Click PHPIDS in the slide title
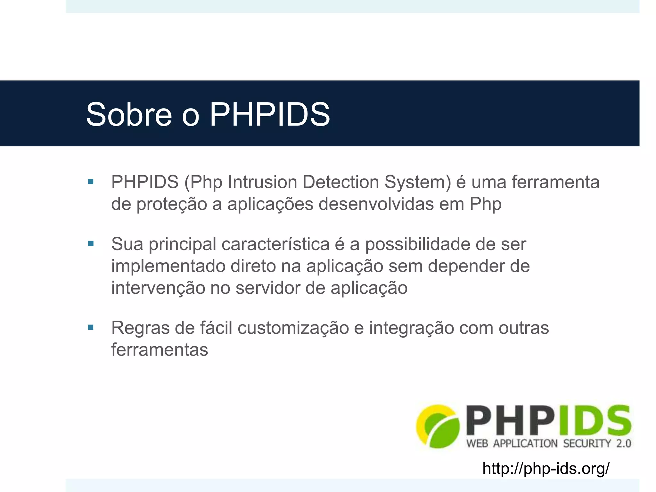[x=270, y=114]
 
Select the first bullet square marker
[x=91, y=182]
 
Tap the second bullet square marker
[x=91, y=244]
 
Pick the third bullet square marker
[x=91, y=327]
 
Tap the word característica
[x=275, y=244]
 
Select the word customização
[x=293, y=328]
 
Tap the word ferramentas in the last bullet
[x=160, y=349]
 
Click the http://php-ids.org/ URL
[x=546, y=469]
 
